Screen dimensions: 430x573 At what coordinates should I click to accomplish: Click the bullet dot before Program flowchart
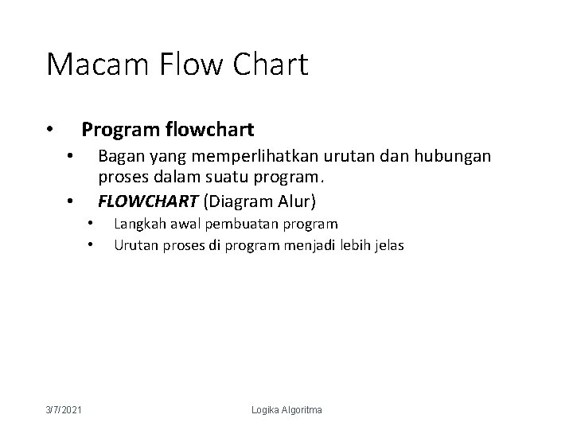[49, 130]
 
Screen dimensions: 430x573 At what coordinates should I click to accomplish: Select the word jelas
[388, 245]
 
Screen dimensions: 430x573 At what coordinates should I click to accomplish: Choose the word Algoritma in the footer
[304, 409]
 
